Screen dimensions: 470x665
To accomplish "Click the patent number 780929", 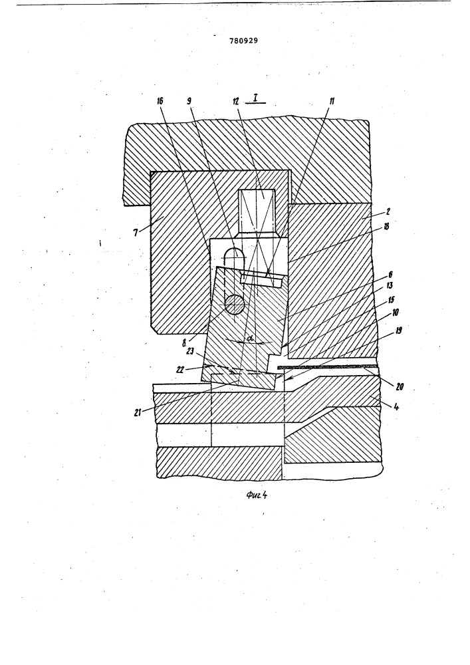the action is coord(244,41).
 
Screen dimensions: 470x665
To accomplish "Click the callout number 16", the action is coord(160,101).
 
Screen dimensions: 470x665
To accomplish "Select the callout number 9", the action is coord(189,101).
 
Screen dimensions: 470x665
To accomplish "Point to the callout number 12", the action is coord(236,101).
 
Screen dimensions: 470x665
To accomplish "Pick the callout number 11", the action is coord(332,101).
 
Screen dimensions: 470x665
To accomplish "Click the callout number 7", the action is coord(136,232).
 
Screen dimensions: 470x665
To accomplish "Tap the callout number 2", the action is coord(389,211).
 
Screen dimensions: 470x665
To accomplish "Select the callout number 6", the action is coord(390,275).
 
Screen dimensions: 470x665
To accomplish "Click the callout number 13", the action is coord(390,285).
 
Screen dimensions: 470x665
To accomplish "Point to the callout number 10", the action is coord(395,313).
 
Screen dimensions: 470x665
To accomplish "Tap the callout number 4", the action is coord(396,408).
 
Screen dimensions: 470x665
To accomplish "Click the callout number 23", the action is coord(190,351).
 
